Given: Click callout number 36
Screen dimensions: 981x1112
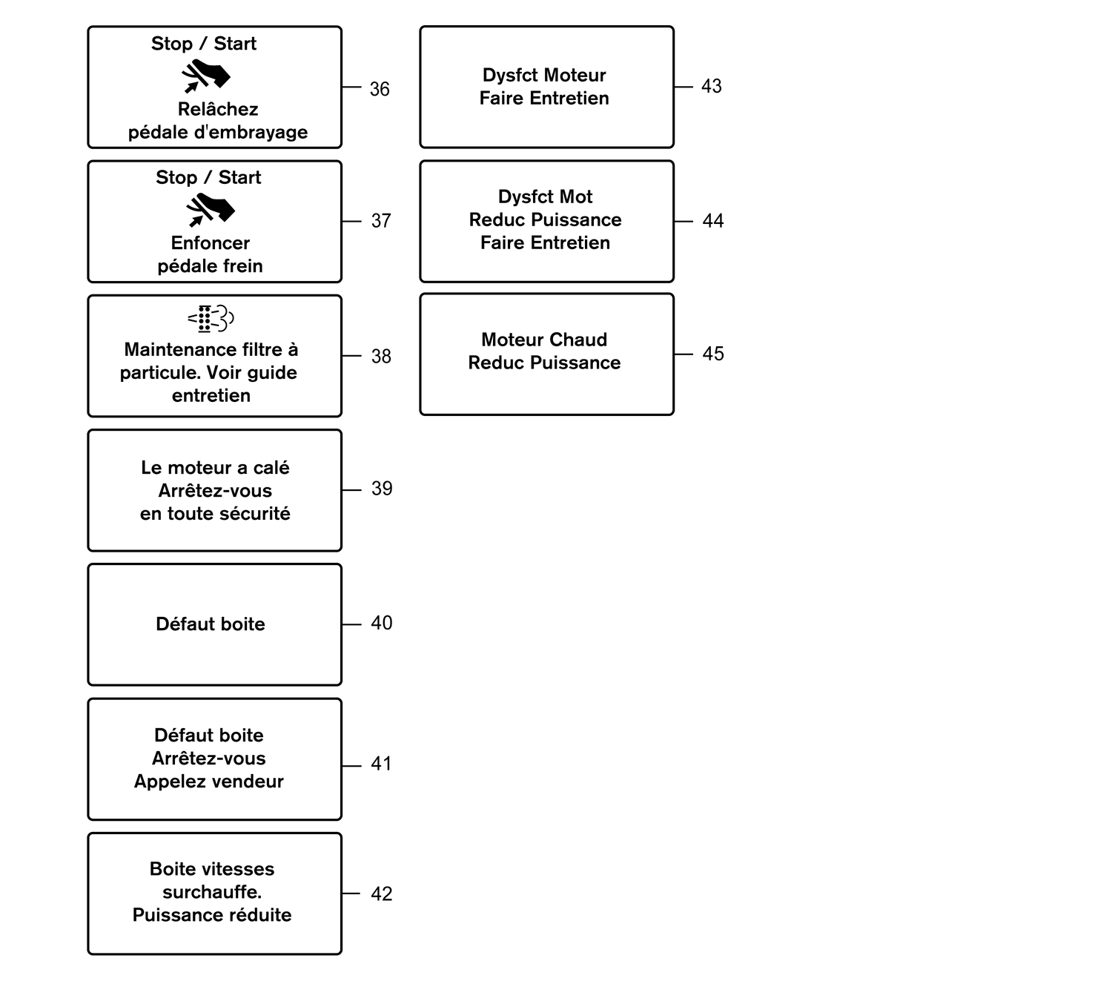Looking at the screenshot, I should (x=380, y=89).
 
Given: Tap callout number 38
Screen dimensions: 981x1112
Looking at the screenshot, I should (x=381, y=356).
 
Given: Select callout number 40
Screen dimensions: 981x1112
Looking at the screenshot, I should (x=381, y=623).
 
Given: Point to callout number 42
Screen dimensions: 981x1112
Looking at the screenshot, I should (x=381, y=894).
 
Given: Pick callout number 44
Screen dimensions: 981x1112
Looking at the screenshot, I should (x=712, y=221).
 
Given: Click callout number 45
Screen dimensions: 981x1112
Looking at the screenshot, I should (x=712, y=354).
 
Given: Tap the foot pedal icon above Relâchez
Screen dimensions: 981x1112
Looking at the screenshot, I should (x=206, y=76).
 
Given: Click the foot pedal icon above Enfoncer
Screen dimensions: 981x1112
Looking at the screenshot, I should (x=211, y=210).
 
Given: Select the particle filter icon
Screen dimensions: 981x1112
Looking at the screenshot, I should (x=211, y=319).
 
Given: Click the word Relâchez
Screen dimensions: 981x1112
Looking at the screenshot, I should (x=218, y=110).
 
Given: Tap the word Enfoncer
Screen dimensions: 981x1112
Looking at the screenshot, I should (x=211, y=243).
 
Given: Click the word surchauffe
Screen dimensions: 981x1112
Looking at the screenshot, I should (x=212, y=892).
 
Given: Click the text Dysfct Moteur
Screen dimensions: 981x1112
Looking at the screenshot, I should (x=544, y=75).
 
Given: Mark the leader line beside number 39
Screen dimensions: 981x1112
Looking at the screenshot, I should (x=352, y=490).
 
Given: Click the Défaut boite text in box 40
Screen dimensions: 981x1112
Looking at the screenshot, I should (x=211, y=624).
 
